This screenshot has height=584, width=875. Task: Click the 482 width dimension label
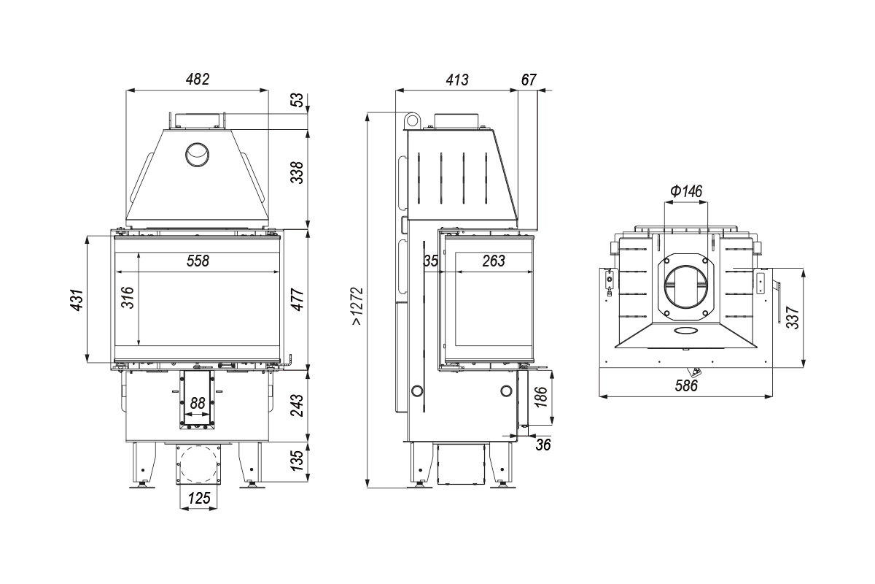(198, 80)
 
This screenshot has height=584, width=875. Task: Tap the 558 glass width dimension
(198, 261)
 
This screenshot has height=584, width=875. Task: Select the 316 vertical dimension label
(128, 297)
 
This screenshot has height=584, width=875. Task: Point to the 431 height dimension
(77, 300)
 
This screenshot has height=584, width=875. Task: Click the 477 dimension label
(297, 299)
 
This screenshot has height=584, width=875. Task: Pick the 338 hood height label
(297, 172)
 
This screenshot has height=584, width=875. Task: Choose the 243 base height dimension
(297, 406)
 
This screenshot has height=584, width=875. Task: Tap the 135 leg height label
(297, 461)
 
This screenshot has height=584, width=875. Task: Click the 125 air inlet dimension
(199, 499)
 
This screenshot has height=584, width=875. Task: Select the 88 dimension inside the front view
(198, 403)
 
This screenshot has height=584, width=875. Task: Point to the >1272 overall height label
(357, 307)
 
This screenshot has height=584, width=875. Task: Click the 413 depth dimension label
(457, 80)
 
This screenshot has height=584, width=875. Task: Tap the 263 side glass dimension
(494, 261)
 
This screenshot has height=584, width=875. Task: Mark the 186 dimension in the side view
(541, 397)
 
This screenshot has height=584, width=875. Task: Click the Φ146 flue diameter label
(686, 191)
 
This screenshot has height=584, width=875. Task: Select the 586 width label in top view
(686, 385)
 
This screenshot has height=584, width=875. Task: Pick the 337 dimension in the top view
(793, 318)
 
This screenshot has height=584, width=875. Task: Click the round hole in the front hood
(197, 155)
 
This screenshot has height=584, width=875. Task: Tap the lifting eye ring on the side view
(413, 120)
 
